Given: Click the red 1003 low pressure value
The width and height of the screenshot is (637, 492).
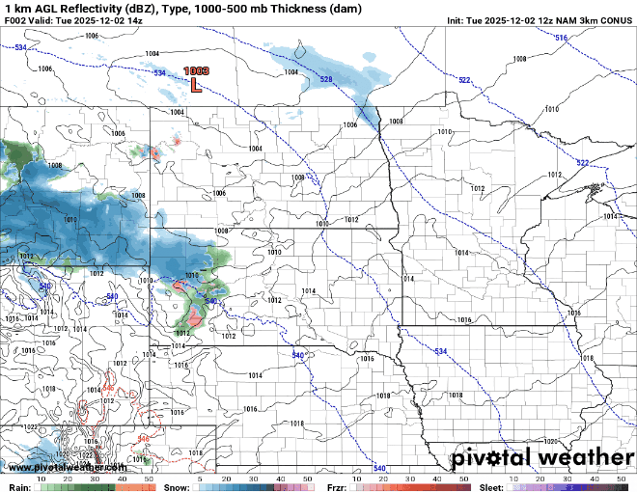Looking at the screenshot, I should coord(196,70).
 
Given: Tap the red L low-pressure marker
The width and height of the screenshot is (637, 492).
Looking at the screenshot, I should coord(196,85).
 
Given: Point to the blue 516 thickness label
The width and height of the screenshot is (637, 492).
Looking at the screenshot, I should coord(562,38).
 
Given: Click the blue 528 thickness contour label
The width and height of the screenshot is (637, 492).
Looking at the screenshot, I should coord(326,79).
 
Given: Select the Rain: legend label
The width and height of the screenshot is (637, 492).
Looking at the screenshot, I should coord(18,487).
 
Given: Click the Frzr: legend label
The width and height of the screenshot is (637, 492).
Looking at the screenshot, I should coord(336,487).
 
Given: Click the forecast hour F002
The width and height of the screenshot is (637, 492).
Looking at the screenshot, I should coord(14,20).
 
